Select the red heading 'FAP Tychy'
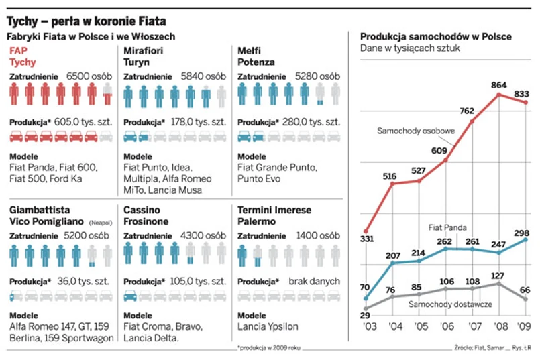click(23, 56)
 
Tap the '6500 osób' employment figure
click(89, 76)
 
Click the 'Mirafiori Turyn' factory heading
click(146, 56)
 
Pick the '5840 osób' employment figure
click(204, 76)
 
